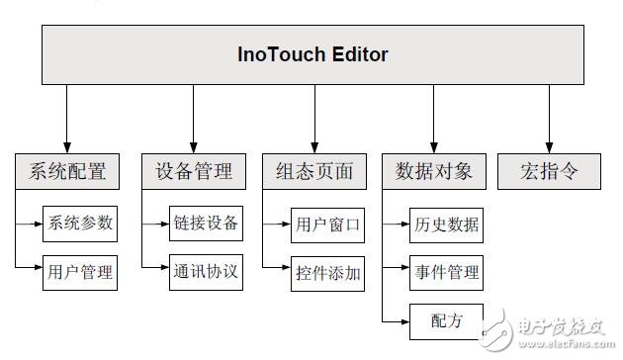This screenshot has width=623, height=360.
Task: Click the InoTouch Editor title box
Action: click(312, 54)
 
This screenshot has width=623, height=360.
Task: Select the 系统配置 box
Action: click(67, 171)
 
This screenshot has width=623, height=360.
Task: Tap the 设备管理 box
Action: click(193, 171)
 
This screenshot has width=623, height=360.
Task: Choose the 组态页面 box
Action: click(313, 171)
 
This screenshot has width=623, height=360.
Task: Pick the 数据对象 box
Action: click(433, 171)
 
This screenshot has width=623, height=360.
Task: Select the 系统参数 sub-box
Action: click(80, 224)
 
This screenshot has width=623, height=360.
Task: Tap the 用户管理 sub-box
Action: click(80, 271)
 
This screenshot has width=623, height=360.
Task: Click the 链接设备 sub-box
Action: click(205, 224)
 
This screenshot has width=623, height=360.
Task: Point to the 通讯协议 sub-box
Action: click(205, 271)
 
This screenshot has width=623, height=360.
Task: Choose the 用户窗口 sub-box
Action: click(328, 226)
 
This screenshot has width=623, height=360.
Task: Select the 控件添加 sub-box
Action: click(328, 274)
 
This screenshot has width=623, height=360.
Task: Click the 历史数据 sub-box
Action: click(445, 226)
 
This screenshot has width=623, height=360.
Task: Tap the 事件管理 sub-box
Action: click(445, 272)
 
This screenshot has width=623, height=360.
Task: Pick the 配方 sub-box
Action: click(445, 319)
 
